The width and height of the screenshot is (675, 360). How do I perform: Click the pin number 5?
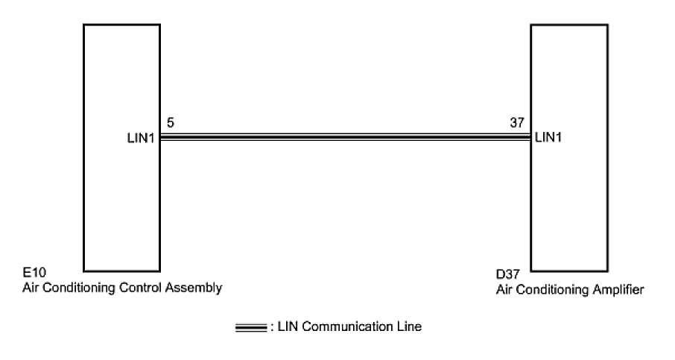171,123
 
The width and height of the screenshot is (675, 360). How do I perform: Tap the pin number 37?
516,123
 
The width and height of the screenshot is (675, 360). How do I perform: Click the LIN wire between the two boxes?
344,137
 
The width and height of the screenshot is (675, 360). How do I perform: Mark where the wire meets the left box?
160,137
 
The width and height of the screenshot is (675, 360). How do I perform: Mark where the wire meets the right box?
530,137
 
